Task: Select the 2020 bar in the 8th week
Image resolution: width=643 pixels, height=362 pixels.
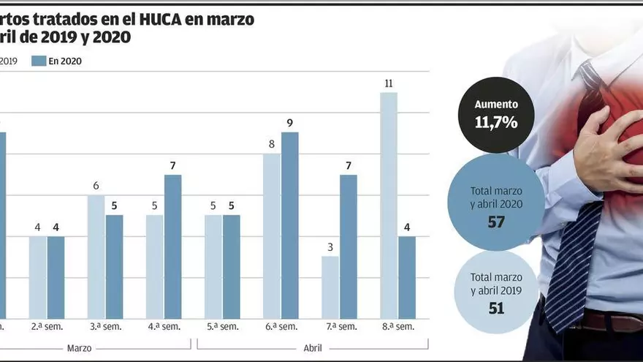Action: point(407,277)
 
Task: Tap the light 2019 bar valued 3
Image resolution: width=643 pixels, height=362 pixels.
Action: point(330,287)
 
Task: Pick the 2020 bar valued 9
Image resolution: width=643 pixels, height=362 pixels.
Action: point(290,225)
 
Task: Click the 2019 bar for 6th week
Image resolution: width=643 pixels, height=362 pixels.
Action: point(272,235)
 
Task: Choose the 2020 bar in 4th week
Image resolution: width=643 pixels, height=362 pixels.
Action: point(173,246)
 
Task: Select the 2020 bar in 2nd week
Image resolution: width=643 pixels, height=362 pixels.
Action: point(56,277)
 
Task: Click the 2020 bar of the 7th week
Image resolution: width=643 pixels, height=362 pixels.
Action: point(349,246)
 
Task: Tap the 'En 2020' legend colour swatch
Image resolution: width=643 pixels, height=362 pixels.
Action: point(39,61)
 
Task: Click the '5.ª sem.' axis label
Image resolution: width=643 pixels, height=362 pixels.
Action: point(222,326)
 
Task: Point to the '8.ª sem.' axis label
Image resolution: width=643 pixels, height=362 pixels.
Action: point(397,326)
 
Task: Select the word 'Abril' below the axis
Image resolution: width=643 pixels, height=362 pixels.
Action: point(313,348)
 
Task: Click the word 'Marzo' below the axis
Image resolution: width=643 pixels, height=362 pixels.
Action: point(79,348)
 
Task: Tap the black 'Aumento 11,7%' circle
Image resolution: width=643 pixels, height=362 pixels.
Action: point(496,115)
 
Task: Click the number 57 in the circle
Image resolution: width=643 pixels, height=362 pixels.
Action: point(496,222)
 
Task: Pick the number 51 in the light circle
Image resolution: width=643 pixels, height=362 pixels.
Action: point(496,308)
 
